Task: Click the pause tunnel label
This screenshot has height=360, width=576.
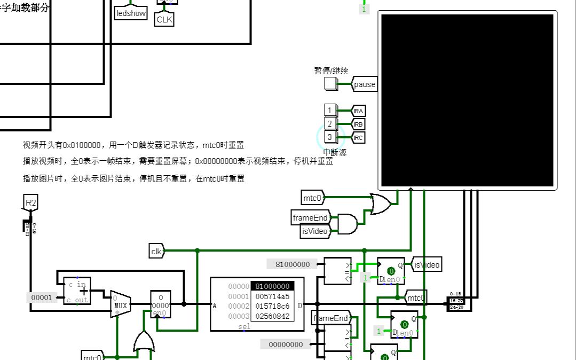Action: point(365,84)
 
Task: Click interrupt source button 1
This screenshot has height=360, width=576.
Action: point(330,111)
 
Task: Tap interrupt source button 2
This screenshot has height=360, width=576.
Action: point(330,124)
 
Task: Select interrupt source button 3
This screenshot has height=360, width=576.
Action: point(330,137)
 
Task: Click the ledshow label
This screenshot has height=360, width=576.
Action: point(131,13)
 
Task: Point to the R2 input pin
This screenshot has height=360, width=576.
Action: point(30,203)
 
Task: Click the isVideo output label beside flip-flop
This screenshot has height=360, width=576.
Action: point(427,264)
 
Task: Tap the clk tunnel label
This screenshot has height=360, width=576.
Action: point(156,250)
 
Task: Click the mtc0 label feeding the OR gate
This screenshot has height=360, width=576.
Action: point(313,198)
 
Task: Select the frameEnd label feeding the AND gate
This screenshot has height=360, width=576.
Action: point(310,218)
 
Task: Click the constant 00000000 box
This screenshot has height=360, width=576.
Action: point(285,345)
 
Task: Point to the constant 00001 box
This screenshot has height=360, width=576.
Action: point(42,298)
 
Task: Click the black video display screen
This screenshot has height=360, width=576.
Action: point(467,100)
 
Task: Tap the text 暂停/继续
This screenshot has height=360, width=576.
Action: point(331,71)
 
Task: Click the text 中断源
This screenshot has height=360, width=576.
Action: point(334,153)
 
